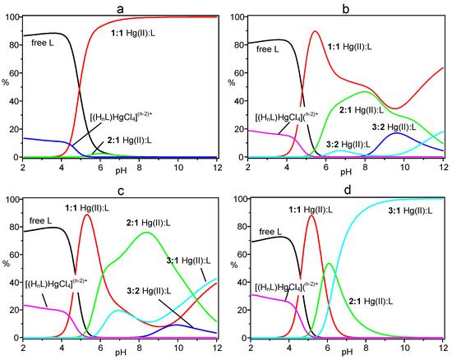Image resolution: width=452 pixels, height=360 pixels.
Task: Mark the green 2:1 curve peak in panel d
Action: pyautogui.click(x=329, y=264)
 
